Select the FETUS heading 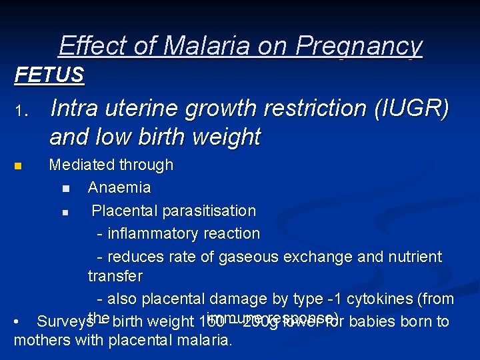(49, 75)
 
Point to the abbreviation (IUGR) (406, 108)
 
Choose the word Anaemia (119, 187)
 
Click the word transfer (115, 275)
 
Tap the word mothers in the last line (39, 340)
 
